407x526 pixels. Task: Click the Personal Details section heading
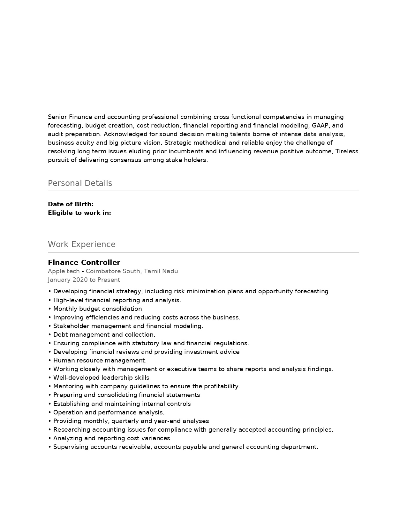(x=80, y=183)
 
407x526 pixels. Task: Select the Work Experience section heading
(x=81, y=245)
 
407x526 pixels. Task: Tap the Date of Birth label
(x=71, y=204)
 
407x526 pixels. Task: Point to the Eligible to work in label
(x=79, y=213)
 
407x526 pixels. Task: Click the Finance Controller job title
(x=84, y=263)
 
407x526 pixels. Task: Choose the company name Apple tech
(x=64, y=271)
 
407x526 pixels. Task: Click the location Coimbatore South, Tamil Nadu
(x=132, y=271)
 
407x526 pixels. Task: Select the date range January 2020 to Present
(x=84, y=280)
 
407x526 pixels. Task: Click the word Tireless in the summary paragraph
(x=347, y=151)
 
